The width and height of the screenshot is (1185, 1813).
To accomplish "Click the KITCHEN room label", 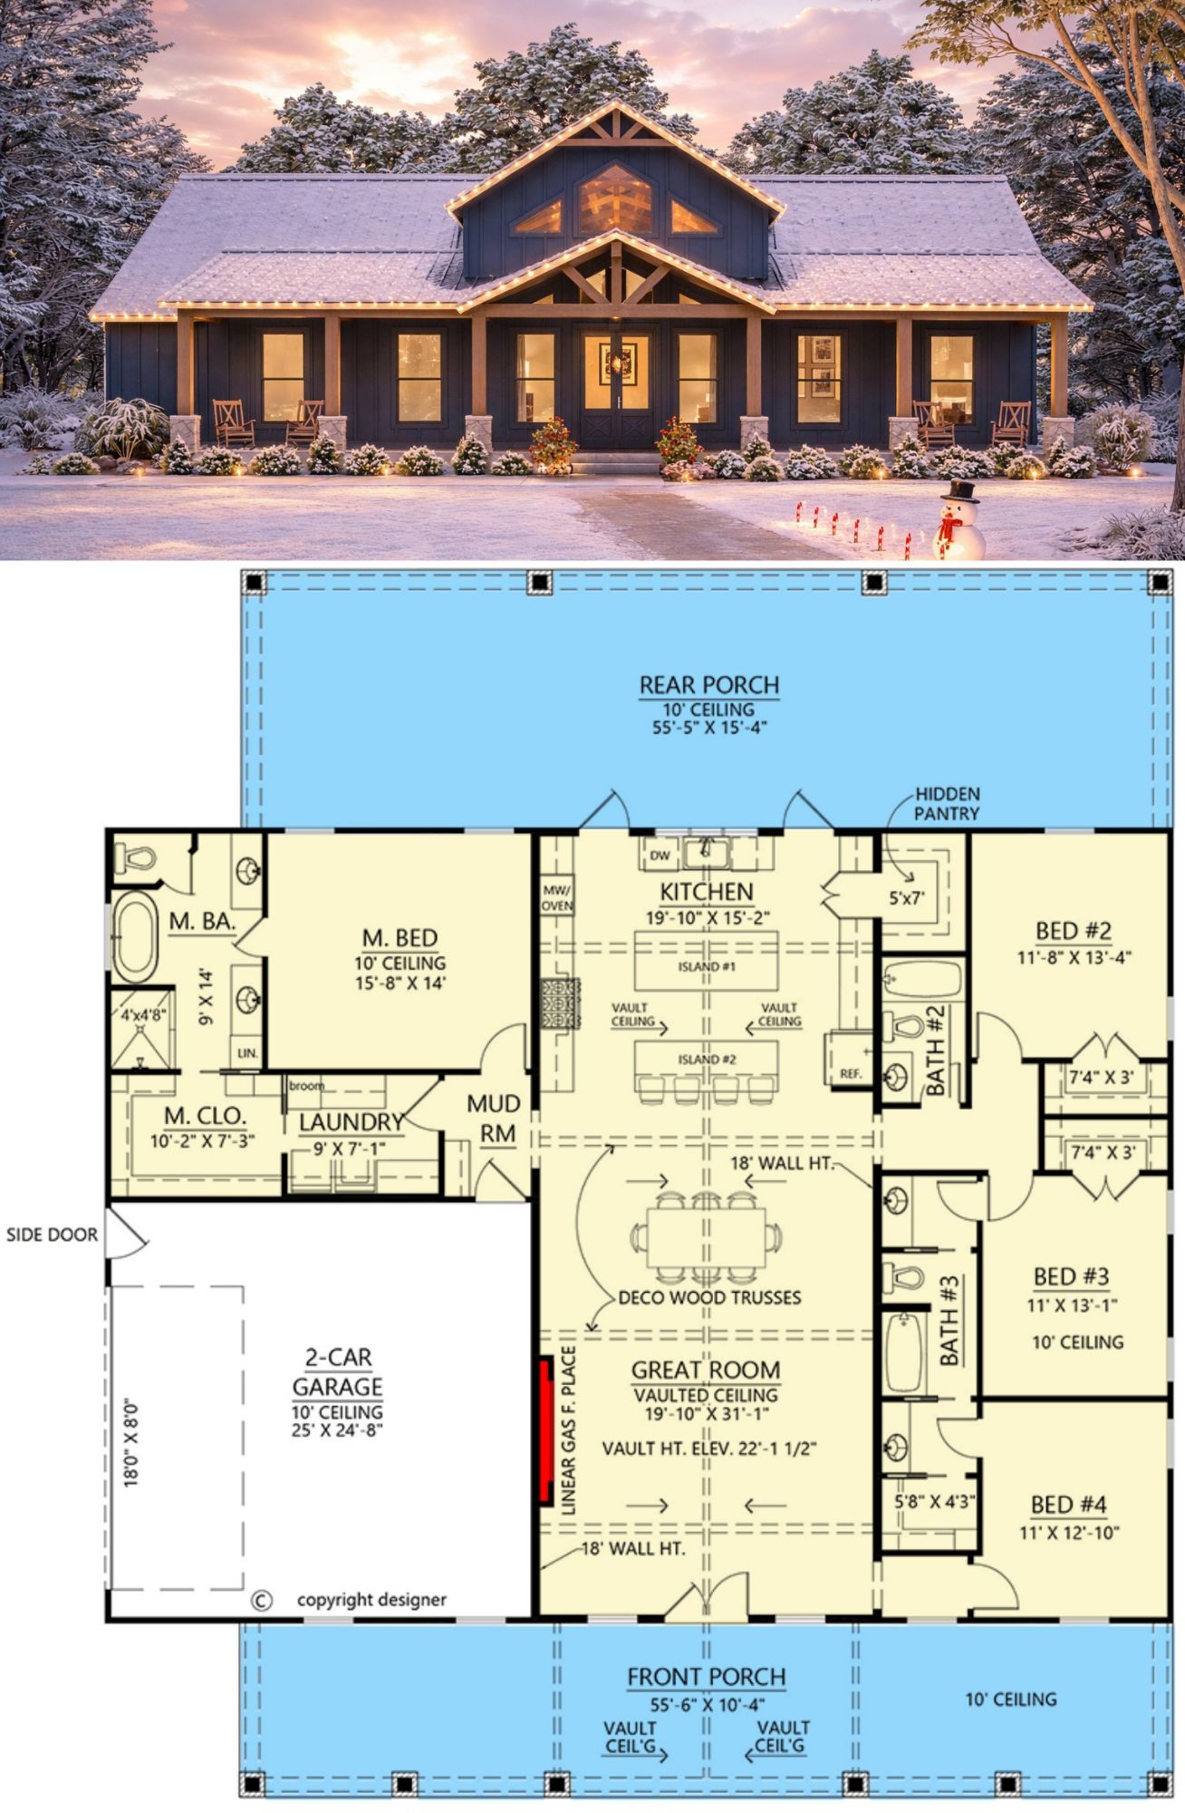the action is (706, 891).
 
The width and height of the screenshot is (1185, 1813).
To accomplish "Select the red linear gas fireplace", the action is (546, 1430).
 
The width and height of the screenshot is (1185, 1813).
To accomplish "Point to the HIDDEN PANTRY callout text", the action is (947, 803).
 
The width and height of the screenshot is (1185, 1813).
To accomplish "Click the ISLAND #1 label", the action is (707, 967).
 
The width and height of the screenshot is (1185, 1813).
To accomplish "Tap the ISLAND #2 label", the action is (707, 1060).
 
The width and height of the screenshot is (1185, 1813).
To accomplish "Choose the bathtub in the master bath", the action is (135, 937).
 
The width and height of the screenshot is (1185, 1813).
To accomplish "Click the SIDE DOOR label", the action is (52, 1235).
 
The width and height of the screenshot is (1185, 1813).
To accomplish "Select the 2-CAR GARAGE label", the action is (337, 1372).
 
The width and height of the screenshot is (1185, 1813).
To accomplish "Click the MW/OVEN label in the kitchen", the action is (556, 897).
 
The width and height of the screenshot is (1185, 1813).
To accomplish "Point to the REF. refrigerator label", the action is (850, 1073).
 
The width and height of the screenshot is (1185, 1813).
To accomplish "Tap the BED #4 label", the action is (1069, 1506).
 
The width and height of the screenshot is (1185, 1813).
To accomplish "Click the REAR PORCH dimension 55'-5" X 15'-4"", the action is (709, 728).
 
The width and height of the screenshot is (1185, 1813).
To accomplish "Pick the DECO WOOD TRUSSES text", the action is (709, 1297).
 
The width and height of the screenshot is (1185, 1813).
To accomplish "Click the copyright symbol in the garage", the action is (261, 1601).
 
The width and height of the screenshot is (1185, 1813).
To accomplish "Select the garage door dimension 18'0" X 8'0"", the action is (132, 1442).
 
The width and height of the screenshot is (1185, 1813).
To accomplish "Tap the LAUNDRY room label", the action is (352, 1122).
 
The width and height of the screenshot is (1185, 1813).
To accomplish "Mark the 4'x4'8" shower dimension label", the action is (143, 1015).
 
